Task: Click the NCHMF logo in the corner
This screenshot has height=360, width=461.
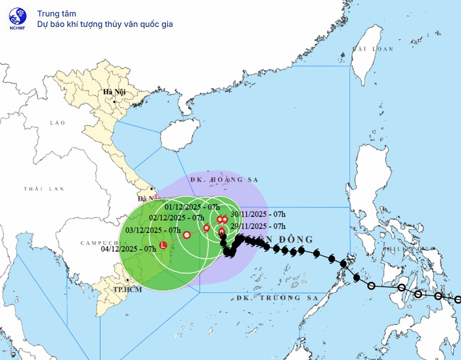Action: [18, 19]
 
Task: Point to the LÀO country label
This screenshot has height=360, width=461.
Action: [58, 123]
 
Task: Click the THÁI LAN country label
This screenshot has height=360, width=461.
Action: [44, 189]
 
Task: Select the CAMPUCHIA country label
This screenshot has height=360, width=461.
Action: [99, 243]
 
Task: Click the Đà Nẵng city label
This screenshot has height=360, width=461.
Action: [147, 199]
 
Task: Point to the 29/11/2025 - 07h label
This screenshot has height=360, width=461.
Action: [256, 226]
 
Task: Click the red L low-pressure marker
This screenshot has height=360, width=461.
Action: [162, 245]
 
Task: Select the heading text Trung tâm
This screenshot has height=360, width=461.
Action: [57, 14]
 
